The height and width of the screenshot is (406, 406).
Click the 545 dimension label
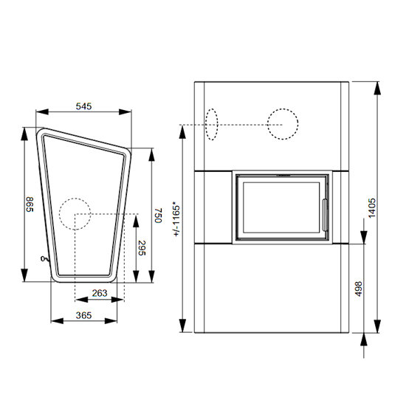83,106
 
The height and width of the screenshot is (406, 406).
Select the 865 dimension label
30,204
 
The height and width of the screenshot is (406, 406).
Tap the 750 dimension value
158,216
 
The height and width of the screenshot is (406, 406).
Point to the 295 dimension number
142,248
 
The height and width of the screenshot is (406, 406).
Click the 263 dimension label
100,293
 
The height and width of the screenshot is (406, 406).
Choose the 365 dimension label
83,315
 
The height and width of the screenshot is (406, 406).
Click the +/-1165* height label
176,221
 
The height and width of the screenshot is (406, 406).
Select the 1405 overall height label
372,208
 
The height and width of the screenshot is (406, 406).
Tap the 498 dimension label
359,289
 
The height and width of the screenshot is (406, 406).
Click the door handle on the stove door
325,215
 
